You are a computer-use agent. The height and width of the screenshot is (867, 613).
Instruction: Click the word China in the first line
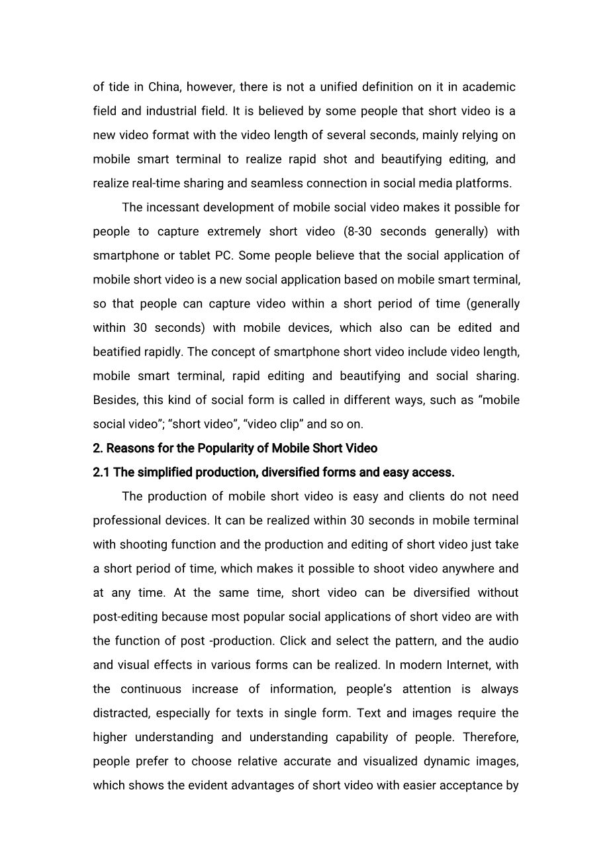pos(163,87)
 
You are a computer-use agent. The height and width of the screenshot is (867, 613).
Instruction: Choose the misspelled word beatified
pos(117,352)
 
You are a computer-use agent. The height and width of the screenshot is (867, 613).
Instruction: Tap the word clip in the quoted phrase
pos(292,425)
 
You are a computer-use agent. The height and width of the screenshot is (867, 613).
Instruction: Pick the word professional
pos(127,521)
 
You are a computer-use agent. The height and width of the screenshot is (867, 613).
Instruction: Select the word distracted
pos(120,713)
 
